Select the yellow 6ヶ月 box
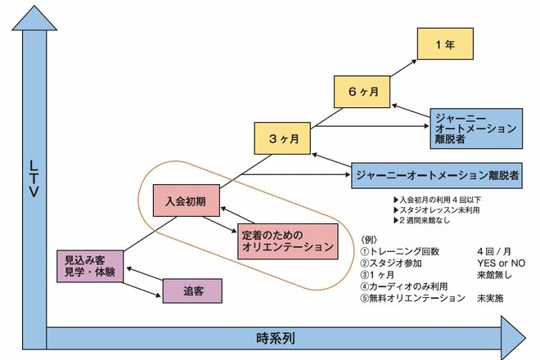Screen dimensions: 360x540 tap(361, 92)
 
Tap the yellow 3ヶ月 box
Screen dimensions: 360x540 tap(283, 138)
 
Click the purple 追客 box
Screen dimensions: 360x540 tap(193, 290)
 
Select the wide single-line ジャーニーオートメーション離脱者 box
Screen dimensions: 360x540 tap(437, 173)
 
